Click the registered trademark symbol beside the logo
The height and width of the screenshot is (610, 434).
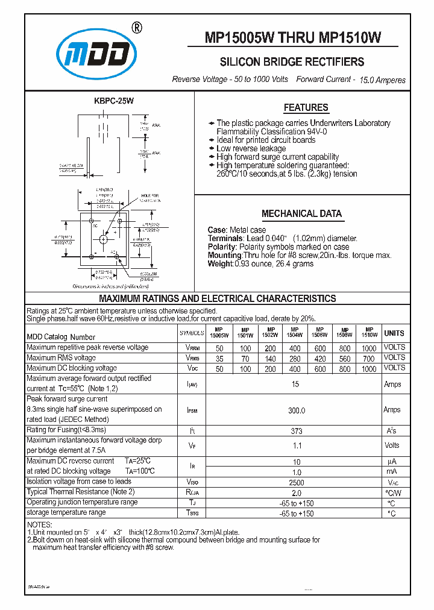pos(137,28)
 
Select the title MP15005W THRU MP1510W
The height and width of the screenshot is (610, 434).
pos(293,38)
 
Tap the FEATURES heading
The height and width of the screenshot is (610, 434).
pos(306,108)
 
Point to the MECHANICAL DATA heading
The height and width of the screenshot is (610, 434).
pos(301,213)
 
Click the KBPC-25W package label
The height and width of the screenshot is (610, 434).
pos(112,103)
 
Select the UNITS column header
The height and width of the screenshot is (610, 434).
pos(394,333)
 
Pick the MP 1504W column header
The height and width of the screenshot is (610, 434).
pos(295,332)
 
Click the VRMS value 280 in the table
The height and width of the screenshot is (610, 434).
pos(295,358)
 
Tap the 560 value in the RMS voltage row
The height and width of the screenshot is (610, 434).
pos(345,358)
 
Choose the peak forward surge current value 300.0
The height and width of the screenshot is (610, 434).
pos(295,410)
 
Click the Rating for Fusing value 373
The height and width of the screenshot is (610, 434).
pos(295,430)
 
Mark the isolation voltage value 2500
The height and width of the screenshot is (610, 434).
pos(295,483)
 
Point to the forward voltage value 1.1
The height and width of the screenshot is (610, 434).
pos(295,445)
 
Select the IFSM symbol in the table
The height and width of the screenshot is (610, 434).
pos(192,410)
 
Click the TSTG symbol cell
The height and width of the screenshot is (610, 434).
pos(192,513)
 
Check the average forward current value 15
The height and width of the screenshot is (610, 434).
pos(295,384)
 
